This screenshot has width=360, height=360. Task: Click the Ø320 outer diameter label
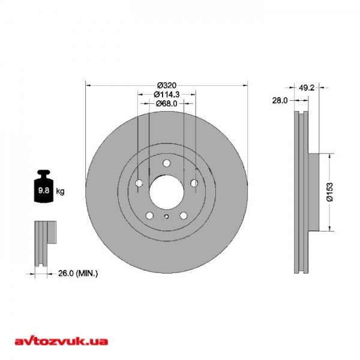click(167, 85)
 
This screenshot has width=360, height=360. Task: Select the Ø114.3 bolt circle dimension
click(166, 94)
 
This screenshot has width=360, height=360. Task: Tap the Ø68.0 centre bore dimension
click(166, 104)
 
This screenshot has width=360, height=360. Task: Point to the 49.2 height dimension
click(307, 88)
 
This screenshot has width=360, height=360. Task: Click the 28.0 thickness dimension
click(280, 100)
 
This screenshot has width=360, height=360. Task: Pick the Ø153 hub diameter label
click(329, 192)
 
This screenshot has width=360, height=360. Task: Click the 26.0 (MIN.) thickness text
click(78, 273)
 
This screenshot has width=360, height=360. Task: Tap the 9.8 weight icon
click(44, 186)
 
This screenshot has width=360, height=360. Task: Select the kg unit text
click(60, 191)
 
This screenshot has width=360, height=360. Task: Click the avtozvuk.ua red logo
click(61, 341)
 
